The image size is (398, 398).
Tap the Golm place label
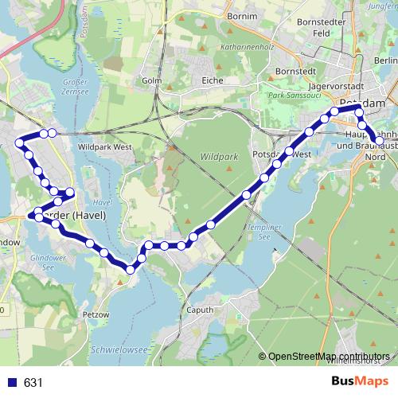tap(151, 80)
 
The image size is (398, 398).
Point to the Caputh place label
tap(201, 310)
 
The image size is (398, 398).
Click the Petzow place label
tap(96, 315)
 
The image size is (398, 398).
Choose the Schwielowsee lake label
tap(120, 349)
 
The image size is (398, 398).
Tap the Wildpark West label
tap(105, 147)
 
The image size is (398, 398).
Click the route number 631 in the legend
tap(33, 382)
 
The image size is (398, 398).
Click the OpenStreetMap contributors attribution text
tap(329, 356)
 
